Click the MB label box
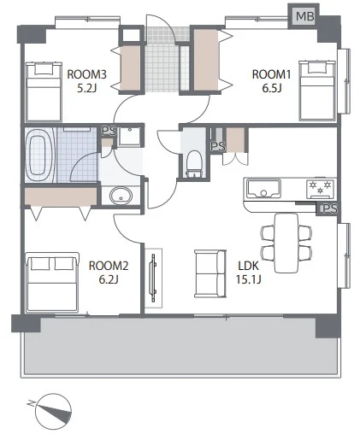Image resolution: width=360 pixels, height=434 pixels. (x=304, y=16)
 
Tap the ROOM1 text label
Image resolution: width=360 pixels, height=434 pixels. (x=272, y=74)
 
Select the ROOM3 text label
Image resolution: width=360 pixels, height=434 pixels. (x=86, y=74)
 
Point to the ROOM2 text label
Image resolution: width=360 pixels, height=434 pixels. (x=109, y=266)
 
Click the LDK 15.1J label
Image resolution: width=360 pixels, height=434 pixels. (x=249, y=273)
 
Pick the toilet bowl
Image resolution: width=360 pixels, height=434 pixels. (x=194, y=164)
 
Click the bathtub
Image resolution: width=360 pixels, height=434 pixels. (x=39, y=155)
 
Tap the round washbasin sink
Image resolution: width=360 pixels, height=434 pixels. (x=121, y=196)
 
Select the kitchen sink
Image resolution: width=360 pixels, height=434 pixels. (x=263, y=188)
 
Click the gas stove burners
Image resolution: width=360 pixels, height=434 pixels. (x=321, y=189)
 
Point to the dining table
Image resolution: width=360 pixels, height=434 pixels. (x=286, y=243)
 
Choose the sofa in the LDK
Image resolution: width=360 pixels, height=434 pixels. (x=210, y=274)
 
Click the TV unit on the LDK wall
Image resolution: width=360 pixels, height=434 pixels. (x=154, y=278)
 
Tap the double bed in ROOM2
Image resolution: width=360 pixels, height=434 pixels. (x=52, y=282)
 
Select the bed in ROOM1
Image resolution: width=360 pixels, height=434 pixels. (x=317, y=90)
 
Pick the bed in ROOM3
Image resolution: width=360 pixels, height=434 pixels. (x=44, y=91)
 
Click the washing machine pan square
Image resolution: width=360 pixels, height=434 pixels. (x=130, y=137)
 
